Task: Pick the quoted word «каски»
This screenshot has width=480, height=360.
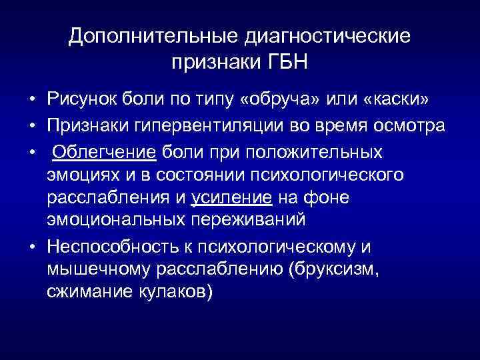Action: pos(396,100)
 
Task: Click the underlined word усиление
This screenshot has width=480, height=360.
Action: pos(232,198)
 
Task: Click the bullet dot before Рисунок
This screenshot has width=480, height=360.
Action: pos(31,101)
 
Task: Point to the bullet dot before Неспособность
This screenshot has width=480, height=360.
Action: pos(31,247)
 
